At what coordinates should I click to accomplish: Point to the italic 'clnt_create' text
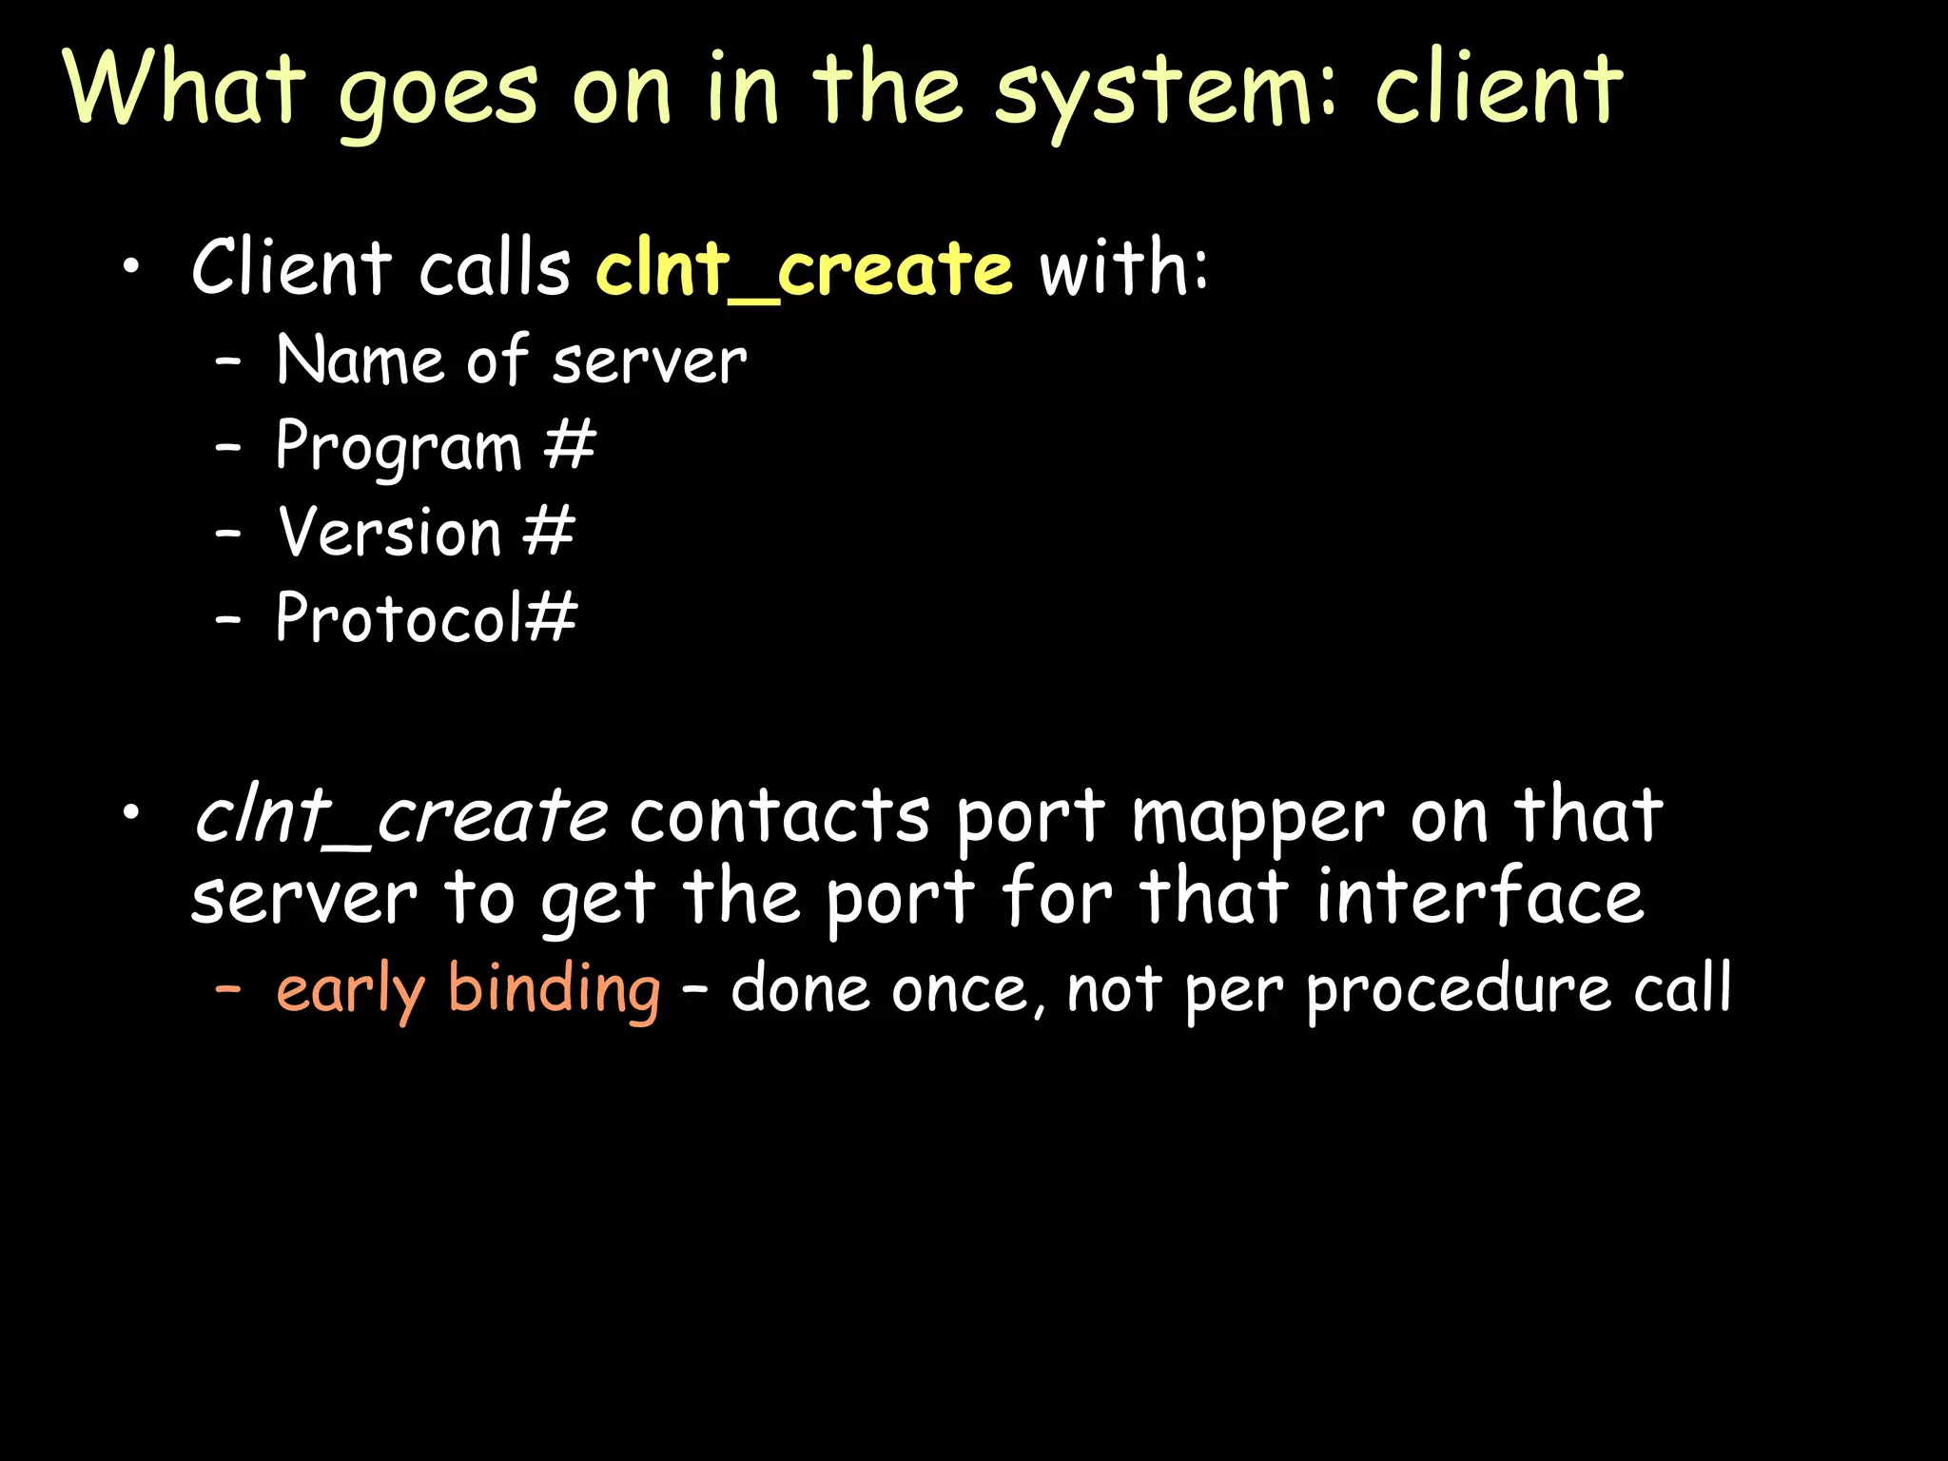(400, 816)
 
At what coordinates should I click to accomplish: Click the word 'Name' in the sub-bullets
(360, 361)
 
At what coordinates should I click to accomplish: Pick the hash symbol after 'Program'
(569, 445)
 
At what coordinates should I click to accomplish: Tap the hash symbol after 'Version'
(549, 531)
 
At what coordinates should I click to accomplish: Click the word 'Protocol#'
(426, 617)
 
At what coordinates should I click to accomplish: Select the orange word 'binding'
(554, 989)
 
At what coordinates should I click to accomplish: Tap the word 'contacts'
(779, 818)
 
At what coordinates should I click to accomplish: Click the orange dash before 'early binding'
(227, 989)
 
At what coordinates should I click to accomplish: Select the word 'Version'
(389, 531)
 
